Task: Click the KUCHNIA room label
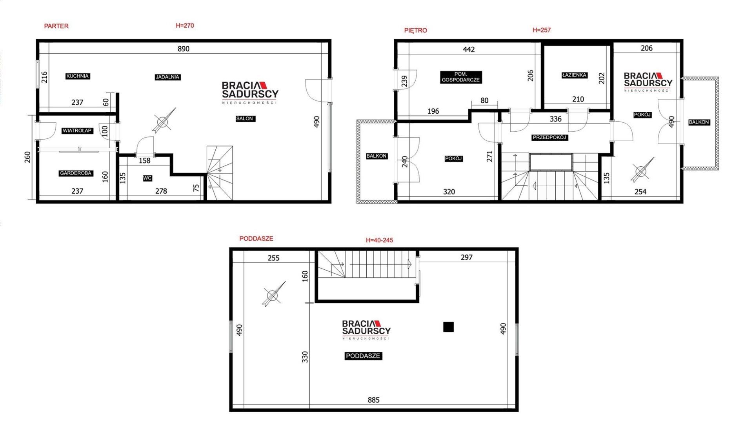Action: coord(78,76)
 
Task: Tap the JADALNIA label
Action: coord(167,77)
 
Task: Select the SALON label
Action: coord(245,118)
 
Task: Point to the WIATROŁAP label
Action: coord(77,131)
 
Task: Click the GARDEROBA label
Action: coord(76,173)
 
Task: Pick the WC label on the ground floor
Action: coord(147,178)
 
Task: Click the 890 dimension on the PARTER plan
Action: coord(184,49)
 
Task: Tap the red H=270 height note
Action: coord(185,25)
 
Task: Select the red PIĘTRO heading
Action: coord(416,30)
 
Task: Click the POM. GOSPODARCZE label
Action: coord(461,77)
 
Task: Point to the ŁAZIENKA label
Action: coord(574,75)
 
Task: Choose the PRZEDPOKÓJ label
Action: coord(549,138)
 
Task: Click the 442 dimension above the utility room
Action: coord(469,49)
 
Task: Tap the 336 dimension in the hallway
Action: coord(555,119)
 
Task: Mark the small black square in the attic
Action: coord(448,327)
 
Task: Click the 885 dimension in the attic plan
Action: coord(373,400)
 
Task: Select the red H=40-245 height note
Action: coord(379,240)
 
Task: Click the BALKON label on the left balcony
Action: coord(376,156)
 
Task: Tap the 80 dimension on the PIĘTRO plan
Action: coord(485,100)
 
